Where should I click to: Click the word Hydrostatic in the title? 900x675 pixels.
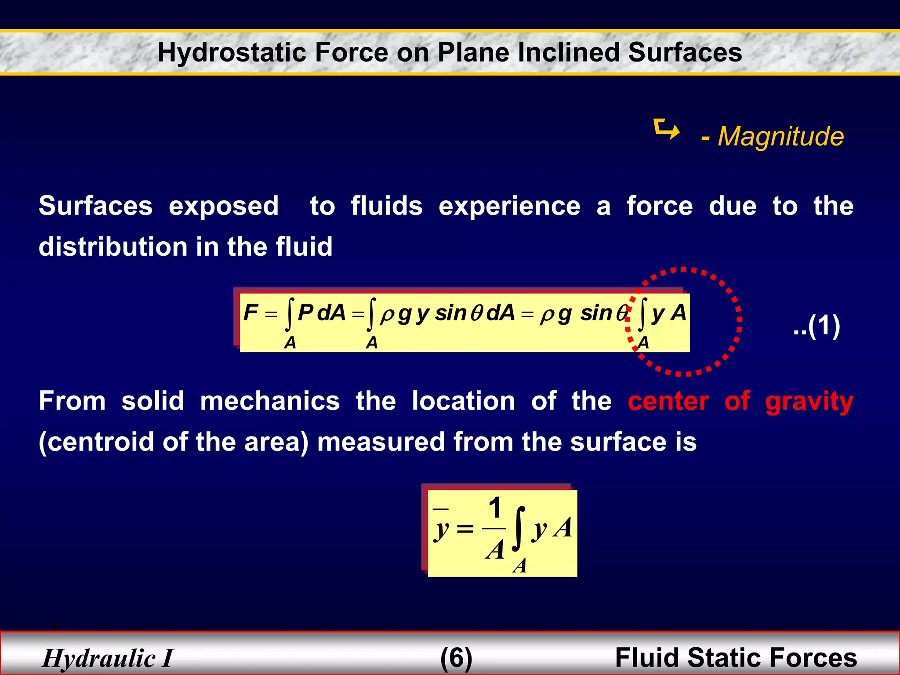click(x=232, y=52)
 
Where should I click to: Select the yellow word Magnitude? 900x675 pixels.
click(x=780, y=136)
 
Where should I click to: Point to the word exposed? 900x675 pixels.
click(x=224, y=206)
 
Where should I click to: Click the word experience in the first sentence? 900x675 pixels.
click(x=509, y=206)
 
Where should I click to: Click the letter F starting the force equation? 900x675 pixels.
click(x=250, y=312)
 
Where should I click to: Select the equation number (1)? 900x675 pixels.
click(x=817, y=326)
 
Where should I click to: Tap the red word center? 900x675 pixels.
click(x=668, y=401)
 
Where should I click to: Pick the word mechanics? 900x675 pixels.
click(x=270, y=401)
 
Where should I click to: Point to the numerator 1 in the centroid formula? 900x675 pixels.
click(x=495, y=508)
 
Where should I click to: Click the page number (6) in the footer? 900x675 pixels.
click(x=456, y=658)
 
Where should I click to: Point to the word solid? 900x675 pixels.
click(x=152, y=401)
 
